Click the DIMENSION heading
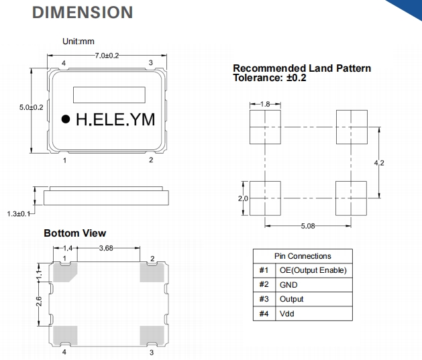pos(82,12)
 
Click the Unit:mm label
pos(78,42)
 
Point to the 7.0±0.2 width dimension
pos(107,55)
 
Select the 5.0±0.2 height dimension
pos(30,107)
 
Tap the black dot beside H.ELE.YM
pos(66,119)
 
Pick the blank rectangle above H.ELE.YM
pos(109,95)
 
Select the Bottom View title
pos(74,233)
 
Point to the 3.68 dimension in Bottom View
pos(105,248)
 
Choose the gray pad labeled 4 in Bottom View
pos(64,335)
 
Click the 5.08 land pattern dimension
pos(309,226)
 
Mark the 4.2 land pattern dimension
pos(378,162)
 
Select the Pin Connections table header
pos(303,255)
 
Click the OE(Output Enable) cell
pos(313,270)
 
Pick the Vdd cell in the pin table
pos(286,313)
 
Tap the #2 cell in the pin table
pos(263,284)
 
